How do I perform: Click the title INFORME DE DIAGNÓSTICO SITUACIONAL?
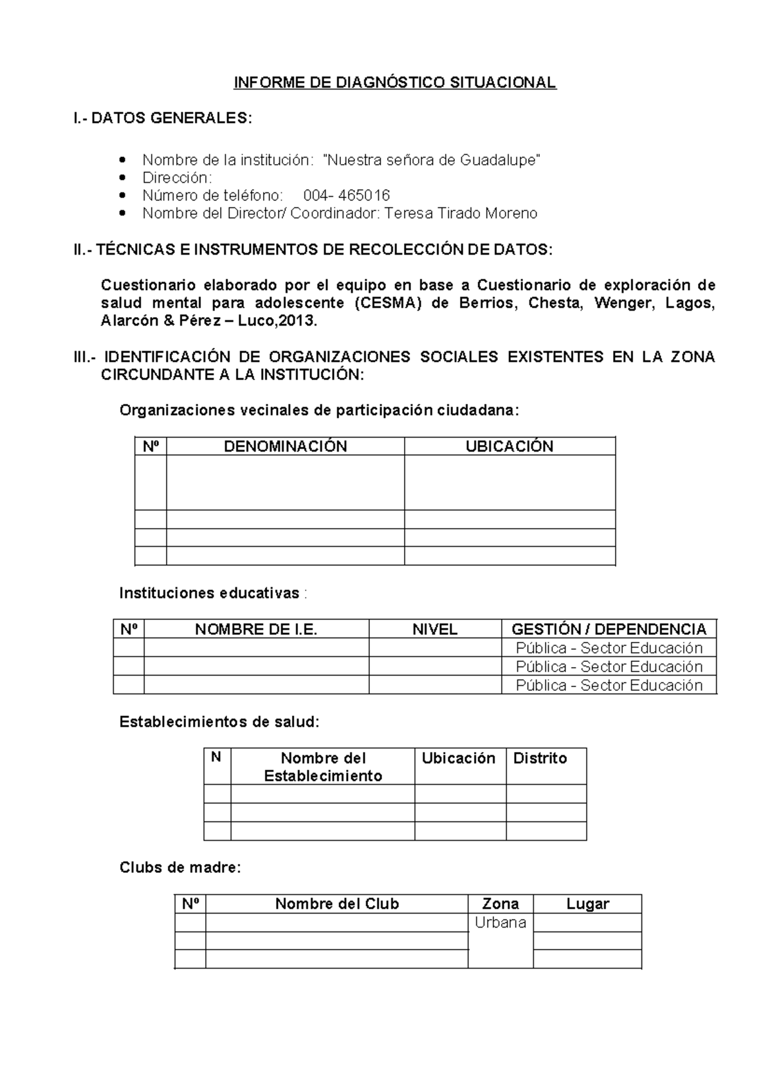click(x=394, y=83)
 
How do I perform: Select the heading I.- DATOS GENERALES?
click(x=163, y=118)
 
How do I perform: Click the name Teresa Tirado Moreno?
click(x=461, y=214)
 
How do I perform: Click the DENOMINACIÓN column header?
click(x=285, y=446)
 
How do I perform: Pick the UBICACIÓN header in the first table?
click(x=509, y=446)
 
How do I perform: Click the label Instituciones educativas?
click(x=209, y=593)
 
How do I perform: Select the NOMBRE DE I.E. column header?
click(x=256, y=630)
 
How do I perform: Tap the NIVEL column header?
click(x=435, y=630)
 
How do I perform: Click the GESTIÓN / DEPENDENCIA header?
click(x=609, y=630)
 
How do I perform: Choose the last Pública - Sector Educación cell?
click(x=609, y=685)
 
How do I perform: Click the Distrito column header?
click(x=540, y=758)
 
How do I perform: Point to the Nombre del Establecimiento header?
click(x=323, y=767)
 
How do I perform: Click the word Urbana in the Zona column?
click(x=501, y=922)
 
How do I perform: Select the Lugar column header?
click(x=587, y=904)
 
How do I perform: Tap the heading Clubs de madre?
click(x=180, y=868)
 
